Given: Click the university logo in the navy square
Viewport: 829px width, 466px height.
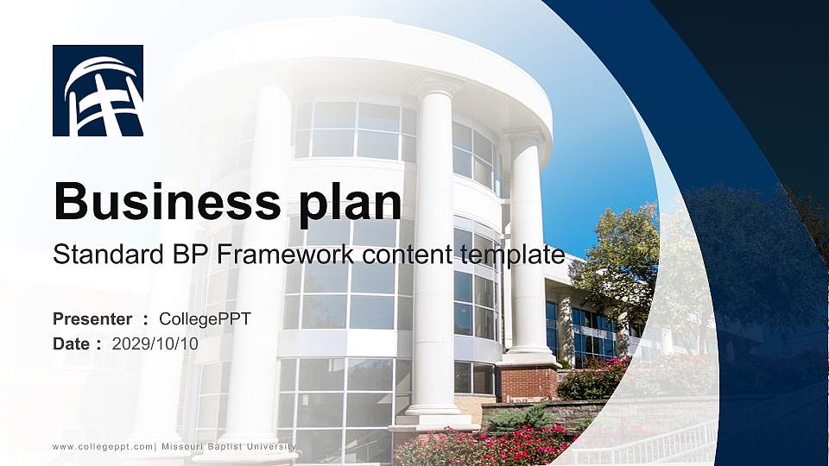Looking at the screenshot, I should pos(98,91).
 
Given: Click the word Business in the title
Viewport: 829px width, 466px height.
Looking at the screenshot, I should pos(163,202).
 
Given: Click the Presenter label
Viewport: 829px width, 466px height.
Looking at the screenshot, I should pos(92,319).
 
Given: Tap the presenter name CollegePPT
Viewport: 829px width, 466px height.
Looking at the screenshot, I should pos(205,319).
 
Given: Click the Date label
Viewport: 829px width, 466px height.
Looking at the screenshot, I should pos(72,343).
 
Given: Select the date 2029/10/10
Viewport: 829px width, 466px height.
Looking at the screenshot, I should pos(155,343).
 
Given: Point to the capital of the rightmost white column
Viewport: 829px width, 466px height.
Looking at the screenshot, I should pos(525,137).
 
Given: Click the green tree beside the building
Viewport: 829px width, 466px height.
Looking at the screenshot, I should pos(617,259).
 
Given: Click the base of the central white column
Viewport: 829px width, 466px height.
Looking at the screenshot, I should pos(436,414).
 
